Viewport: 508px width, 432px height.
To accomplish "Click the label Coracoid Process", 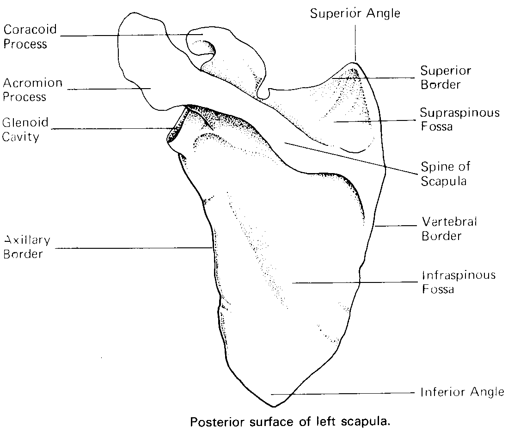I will pyautogui.click(x=31, y=37).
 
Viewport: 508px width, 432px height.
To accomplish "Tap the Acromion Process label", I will pyautogui.click(x=32, y=90).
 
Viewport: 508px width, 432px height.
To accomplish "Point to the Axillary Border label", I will pyautogui.click(x=27, y=247).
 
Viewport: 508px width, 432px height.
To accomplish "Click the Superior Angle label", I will pyautogui.click(x=355, y=13).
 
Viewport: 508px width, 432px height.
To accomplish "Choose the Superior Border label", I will pyautogui.click(x=446, y=78).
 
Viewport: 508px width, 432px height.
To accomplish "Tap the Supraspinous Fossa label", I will pyautogui.click(x=459, y=120).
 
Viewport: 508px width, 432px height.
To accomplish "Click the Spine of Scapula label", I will pyautogui.click(x=445, y=173).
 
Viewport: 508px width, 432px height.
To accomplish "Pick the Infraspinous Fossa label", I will pyautogui.click(x=458, y=282).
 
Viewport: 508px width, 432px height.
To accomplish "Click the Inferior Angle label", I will pyautogui.click(x=462, y=392).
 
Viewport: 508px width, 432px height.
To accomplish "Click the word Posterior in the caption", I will pyautogui.click(x=213, y=422).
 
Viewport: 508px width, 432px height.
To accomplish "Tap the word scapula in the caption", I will pyautogui.click(x=368, y=422).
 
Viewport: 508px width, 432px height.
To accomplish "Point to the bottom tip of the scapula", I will pyautogui.click(x=274, y=407).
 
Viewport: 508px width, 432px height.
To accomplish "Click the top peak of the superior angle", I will pyautogui.click(x=355, y=61).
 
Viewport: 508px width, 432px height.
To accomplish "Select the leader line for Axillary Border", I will pyautogui.click(x=134, y=248).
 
